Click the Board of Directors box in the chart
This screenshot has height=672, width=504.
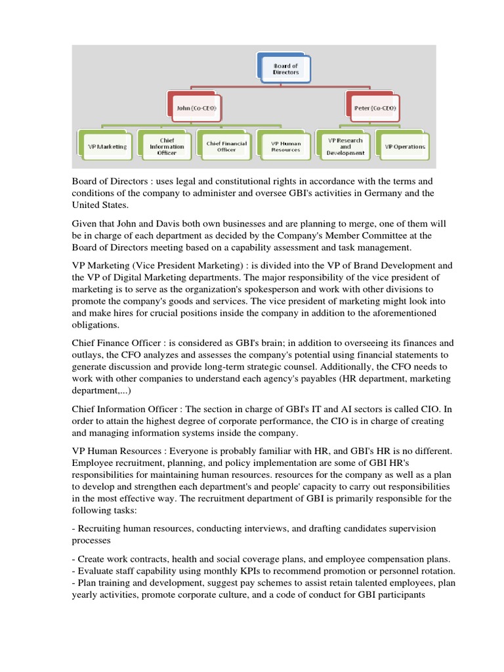pyautogui.click(x=285, y=69)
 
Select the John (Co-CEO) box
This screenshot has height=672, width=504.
pyautogui.click(x=192, y=107)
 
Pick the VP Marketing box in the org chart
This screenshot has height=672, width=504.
pyautogui.click(x=107, y=146)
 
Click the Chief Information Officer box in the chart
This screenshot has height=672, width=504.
pyautogui.click(x=167, y=146)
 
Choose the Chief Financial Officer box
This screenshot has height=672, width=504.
pyautogui.click(x=226, y=146)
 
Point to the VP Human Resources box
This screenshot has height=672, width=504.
pyautogui.click(x=285, y=146)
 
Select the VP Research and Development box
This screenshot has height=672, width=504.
pyautogui.click(x=345, y=146)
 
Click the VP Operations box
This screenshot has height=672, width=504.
pyautogui.click(x=404, y=146)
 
